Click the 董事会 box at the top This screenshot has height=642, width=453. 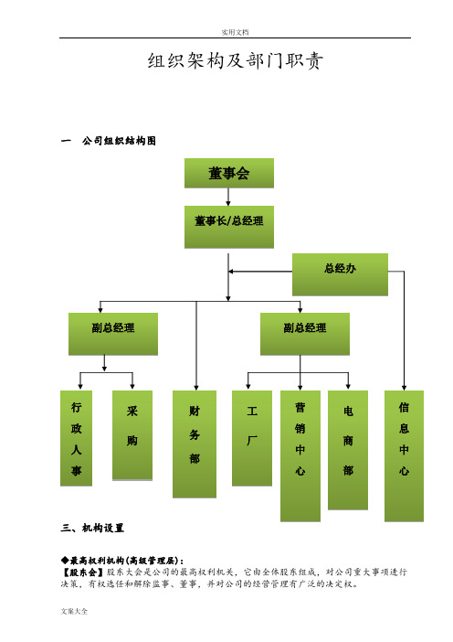click(229, 173)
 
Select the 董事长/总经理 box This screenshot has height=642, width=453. click(229, 227)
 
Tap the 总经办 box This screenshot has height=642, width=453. click(340, 274)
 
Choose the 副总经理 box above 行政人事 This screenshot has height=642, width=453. click(113, 334)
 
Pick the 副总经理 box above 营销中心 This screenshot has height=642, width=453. click(305, 334)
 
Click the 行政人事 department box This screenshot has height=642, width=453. click(76, 438)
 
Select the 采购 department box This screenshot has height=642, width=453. click(132, 435)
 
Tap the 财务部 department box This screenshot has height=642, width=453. click(195, 444)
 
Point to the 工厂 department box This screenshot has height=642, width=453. click(252, 438)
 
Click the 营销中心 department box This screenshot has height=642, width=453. click(300, 455)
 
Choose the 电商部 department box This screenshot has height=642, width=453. click(348, 450)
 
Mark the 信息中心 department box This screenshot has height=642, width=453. click(404, 455)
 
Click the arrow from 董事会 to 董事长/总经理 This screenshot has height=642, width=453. click(228, 197)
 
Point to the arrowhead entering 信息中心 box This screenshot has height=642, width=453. click(404, 388)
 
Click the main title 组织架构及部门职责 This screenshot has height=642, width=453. click(236, 61)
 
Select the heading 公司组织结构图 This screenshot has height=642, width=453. click(119, 141)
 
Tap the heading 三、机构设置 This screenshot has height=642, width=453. click(92, 528)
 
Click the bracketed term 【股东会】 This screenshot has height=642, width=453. click(82, 572)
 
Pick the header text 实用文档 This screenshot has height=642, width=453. click(235, 32)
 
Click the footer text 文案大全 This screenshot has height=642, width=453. click(74, 611)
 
